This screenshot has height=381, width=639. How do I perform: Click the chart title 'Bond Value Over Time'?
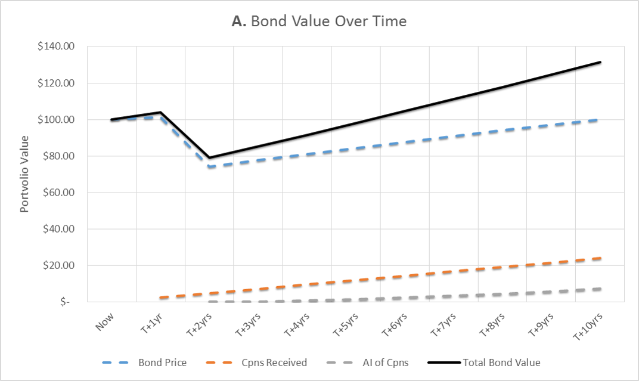pos(319,21)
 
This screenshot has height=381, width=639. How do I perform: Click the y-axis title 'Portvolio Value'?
pos(25,174)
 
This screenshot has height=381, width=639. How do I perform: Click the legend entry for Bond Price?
pos(162,362)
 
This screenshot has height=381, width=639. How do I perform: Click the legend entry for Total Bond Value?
pos(501,362)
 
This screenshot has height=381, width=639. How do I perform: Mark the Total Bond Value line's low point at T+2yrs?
pos(209,158)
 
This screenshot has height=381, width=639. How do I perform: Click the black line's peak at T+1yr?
pos(160,112)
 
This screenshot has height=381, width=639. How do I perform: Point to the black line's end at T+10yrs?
pos(600,62)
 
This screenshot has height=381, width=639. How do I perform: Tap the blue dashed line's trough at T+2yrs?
pos(209,167)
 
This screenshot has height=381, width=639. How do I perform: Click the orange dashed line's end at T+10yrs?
pos(600,258)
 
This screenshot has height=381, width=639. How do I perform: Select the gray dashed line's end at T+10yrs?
pos(600,289)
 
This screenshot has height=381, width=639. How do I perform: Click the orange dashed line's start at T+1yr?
pos(160,298)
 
